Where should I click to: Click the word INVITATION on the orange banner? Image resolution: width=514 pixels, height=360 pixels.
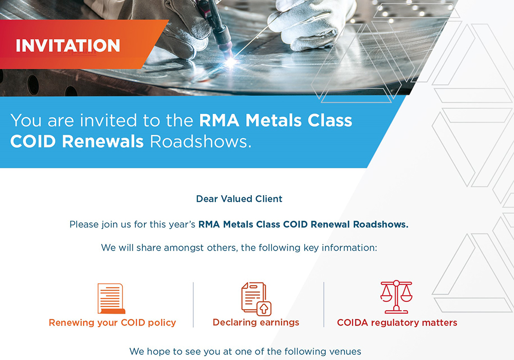click(x=68, y=46)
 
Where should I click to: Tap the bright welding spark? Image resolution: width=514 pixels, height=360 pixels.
click(x=231, y=62)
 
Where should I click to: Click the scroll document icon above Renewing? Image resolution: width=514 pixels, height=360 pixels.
click(x=112, y=298)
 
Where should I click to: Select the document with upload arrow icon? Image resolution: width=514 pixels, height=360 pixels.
click(x=256, y=299)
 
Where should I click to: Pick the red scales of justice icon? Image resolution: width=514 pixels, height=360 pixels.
click(x=396, y=297)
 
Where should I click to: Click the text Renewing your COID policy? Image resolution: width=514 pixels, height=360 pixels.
click(x=113, y=323)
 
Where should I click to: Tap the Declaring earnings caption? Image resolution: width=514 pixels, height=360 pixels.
click(x=256, y=323)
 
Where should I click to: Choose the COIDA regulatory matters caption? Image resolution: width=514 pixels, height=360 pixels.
click(x=397, y=323)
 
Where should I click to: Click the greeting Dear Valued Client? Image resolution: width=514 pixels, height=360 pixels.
click(x=239, y=199)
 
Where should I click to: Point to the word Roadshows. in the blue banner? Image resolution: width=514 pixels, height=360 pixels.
click(x=200, y=142)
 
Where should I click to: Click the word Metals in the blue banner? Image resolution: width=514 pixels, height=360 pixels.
click(x=274, y=120)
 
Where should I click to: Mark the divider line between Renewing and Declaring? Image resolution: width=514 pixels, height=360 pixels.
click(x=193, y=305)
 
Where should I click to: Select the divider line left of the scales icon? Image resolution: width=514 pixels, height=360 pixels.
click(x=324, y=305)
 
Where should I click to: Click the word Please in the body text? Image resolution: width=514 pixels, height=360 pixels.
click(x=84, y=224)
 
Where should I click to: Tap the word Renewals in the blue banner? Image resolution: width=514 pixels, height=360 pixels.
click(x=103, y=142)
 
